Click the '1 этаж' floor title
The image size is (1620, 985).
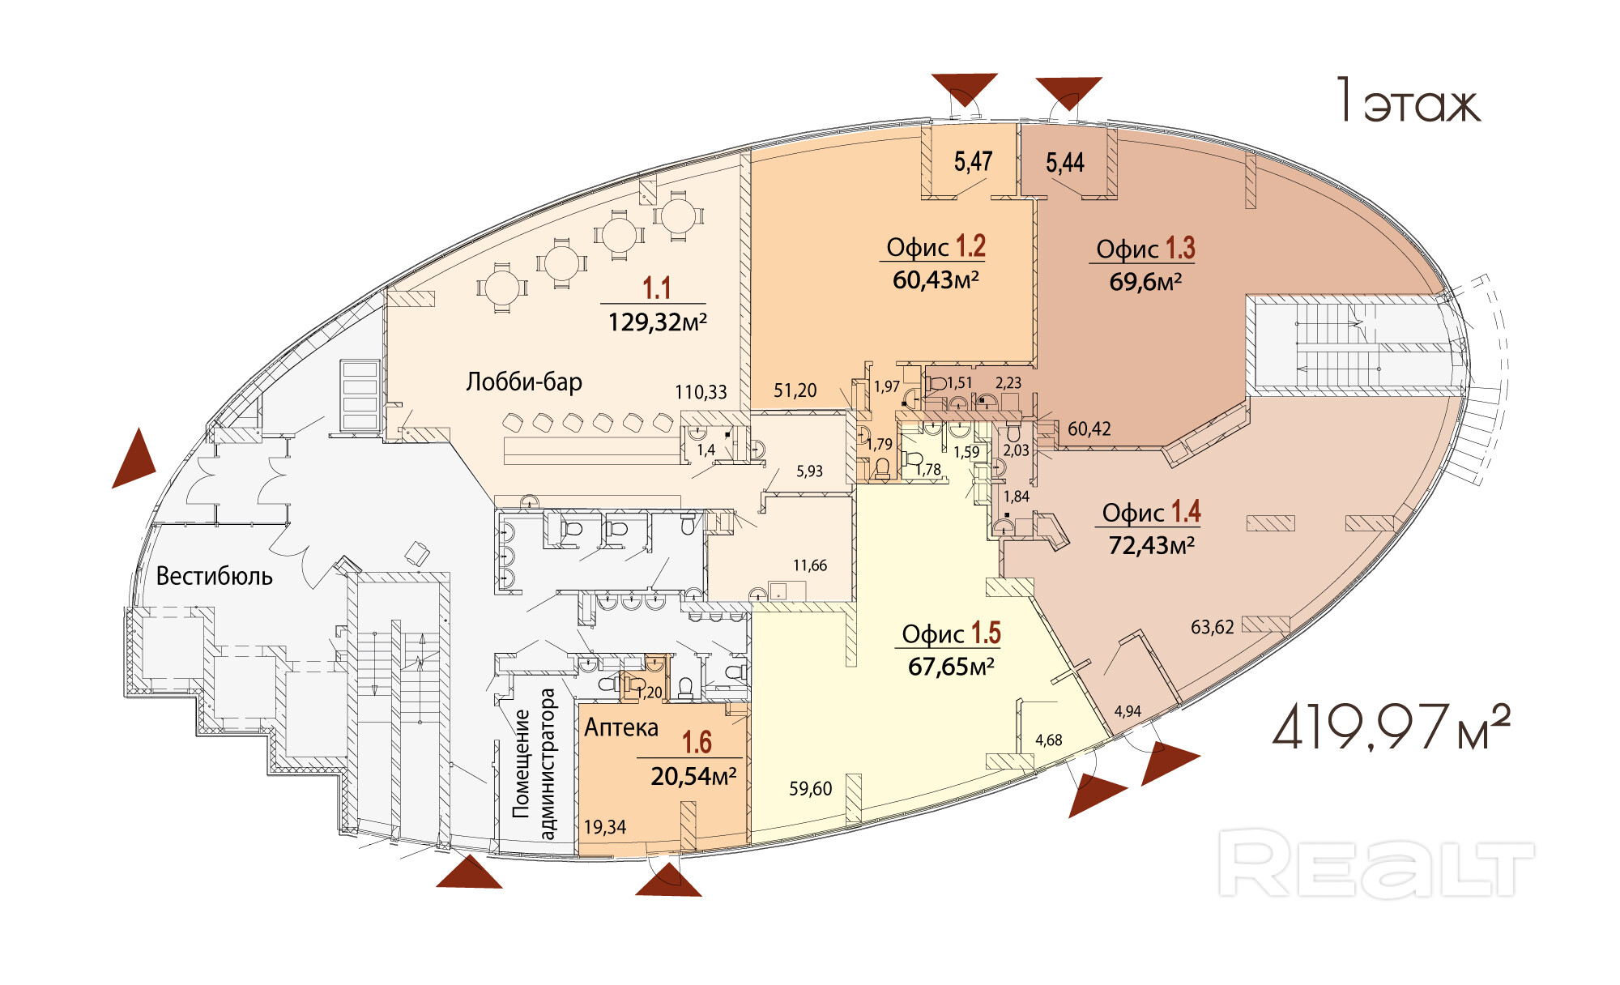1408,102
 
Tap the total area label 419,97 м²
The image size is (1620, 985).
1390,727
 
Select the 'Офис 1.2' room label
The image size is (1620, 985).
936,246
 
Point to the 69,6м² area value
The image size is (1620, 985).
1145,282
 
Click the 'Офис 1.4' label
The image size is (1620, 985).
1151,512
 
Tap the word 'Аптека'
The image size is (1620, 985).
621,727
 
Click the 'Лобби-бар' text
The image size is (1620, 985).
524,382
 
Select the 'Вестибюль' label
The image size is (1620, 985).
214,576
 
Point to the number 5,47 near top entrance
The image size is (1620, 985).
973,162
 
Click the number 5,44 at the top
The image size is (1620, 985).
1064,163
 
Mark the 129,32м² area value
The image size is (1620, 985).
657,322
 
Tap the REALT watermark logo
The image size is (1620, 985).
1375,863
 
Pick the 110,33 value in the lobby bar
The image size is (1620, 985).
701,392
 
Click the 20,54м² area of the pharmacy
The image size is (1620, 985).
693,776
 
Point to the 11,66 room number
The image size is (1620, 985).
810,565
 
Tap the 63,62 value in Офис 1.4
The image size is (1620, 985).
1212,627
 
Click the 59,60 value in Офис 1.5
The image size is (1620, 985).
810,788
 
